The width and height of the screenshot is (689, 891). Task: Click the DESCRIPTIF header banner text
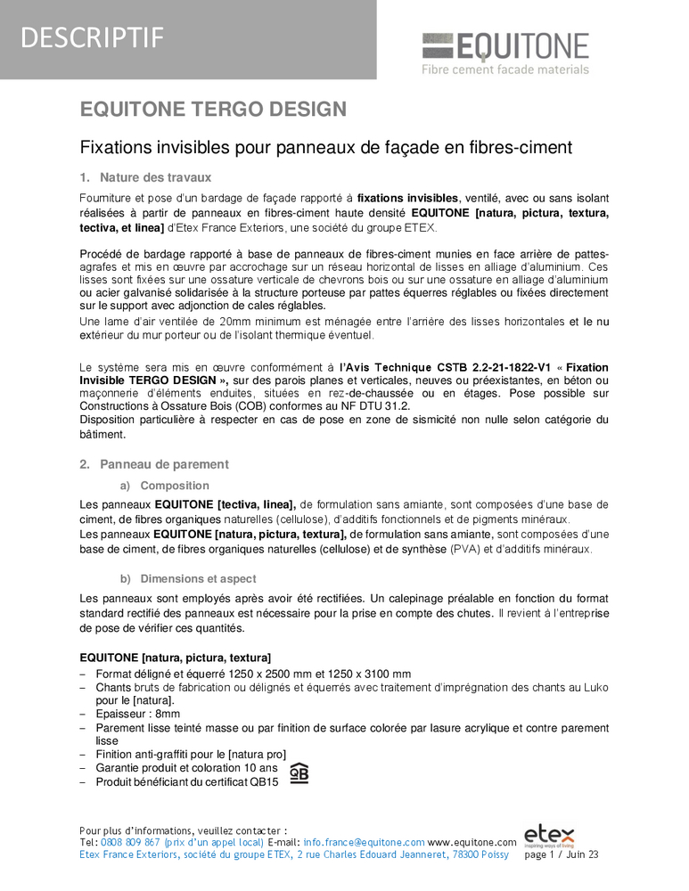tap(92, 37)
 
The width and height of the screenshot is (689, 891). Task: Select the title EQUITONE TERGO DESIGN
tap(213, 110)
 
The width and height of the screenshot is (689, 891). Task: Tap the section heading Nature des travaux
tap(148, 177)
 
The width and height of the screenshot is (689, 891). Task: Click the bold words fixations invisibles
tap(407, 198)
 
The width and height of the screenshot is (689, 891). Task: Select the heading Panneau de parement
tap(164, 464)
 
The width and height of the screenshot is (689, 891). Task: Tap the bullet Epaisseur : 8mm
tap(138, 715)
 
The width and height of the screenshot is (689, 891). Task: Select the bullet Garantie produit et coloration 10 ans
tap(186, 768)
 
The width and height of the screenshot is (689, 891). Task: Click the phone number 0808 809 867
tap(131, 842)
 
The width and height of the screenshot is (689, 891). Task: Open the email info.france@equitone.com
tap(364, 842)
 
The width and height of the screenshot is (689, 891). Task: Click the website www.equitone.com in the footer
tap(472, 842)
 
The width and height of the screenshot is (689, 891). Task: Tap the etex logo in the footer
tap(549, 836)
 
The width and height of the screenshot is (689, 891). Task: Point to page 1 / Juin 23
tap(562, 855)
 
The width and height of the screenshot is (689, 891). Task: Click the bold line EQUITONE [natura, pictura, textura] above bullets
tap(176, 658)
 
